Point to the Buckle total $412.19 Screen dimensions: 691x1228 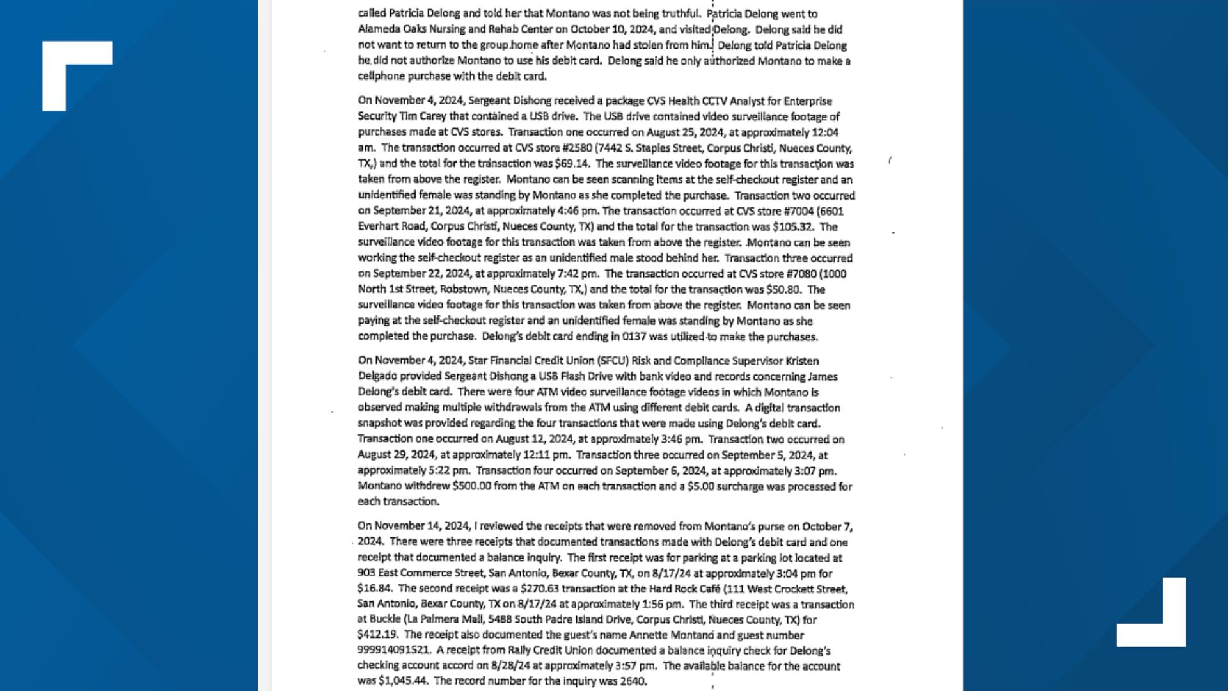[377, 635]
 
